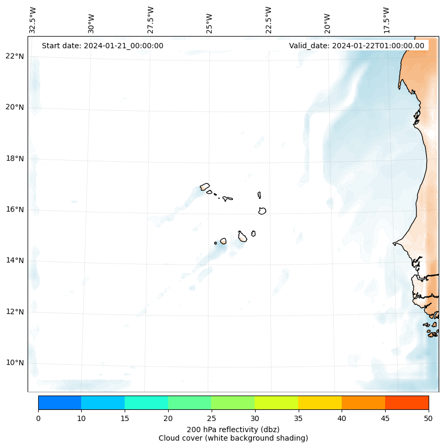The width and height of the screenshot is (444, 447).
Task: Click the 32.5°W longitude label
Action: pos(33,20)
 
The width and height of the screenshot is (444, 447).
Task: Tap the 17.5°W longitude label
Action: pos(387,20)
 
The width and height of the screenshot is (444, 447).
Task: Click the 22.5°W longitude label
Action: pos(268,20)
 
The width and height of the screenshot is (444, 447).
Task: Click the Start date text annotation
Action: pos(102,46)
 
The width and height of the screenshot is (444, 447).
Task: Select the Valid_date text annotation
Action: pos(356,46)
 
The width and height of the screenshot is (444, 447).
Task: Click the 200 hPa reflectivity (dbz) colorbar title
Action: pos(233,429)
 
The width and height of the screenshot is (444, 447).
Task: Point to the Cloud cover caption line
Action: pos(233,438)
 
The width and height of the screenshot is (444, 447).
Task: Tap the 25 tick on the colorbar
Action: pos(211,419)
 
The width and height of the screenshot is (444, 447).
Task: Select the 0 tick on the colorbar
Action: pos(38,419)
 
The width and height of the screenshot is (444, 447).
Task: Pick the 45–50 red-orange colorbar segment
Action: pos(407,402)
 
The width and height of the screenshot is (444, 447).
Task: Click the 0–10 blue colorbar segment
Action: pos(59,402)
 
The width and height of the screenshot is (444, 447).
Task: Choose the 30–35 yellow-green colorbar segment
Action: pos(276,402)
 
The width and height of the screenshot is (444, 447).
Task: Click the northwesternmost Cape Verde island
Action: pos(205,187)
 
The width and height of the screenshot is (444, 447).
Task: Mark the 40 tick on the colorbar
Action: pos(342,419)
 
